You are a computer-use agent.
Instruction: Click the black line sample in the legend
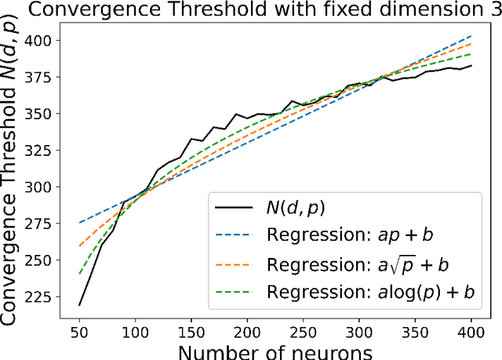[x=233, y=208]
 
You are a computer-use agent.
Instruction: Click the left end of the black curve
[x=80, y=305]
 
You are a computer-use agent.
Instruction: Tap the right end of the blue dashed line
[x=471, y=36]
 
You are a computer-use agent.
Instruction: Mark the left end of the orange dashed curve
[x=80, y=246]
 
